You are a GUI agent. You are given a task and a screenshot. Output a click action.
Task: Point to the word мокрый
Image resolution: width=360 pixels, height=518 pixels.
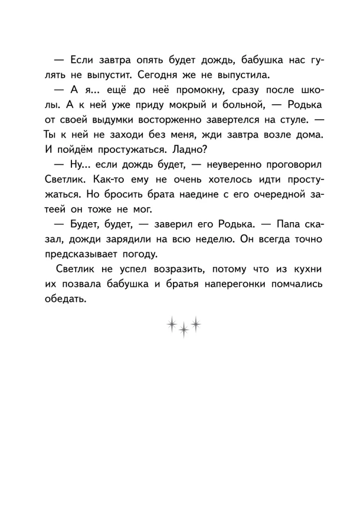click(166, 105)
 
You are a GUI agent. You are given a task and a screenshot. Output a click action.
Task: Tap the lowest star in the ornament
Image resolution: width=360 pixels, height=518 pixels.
click(182, 330)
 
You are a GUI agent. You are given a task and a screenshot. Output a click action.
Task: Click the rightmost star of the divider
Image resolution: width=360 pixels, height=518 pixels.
click(195, 323)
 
